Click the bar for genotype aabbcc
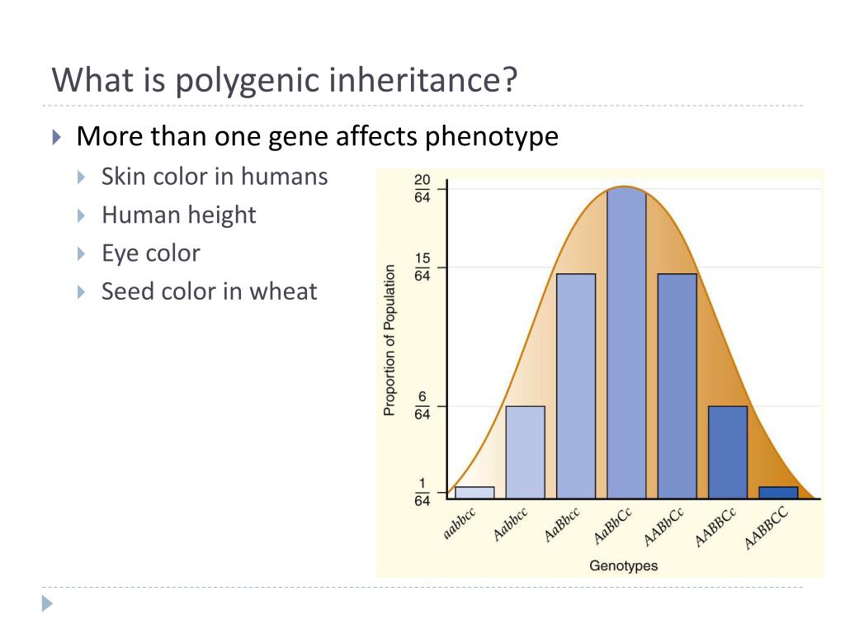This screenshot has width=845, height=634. (x=474, y=493)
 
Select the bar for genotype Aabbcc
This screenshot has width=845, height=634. (x=525, y=452)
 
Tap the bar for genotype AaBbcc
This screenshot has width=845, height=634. (x=576, y=386)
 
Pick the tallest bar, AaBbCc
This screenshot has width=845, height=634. (x=626, y=343)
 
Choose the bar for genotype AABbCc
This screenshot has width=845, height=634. (x=677, y=386)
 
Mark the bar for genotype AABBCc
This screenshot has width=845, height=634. (x=728, y=452)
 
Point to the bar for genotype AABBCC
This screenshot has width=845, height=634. (x=778, y=493)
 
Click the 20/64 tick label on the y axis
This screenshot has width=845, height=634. (x=422, y=189)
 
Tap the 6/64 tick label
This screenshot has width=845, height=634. (x=422, y=405)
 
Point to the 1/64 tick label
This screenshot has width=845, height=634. (x=422, y=493)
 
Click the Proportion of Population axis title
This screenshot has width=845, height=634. (x=389, y=339)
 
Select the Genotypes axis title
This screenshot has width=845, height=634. (x=623, y=565)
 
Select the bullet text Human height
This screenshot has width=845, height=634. (x=179, y=215)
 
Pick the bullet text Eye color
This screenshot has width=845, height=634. (x=151, y=253)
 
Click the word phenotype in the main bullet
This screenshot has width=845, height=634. (x=492, y=136)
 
